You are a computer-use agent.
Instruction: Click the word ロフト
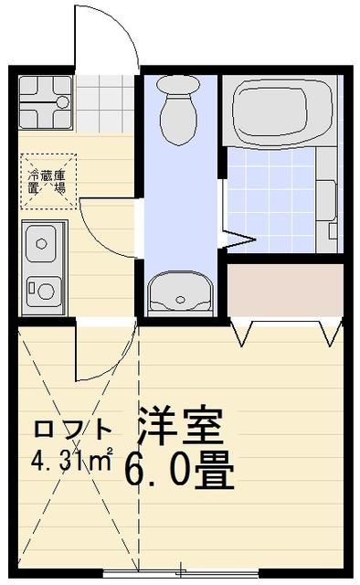pyautogui.click(x=72, y=429)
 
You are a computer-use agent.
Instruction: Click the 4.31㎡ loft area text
pyautogui.click(x=72, y=457)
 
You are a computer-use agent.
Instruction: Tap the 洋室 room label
pyautogui.click(x=181, y=424)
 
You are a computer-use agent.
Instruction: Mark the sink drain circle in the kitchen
pyautogui.click(x=42, y=244)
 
